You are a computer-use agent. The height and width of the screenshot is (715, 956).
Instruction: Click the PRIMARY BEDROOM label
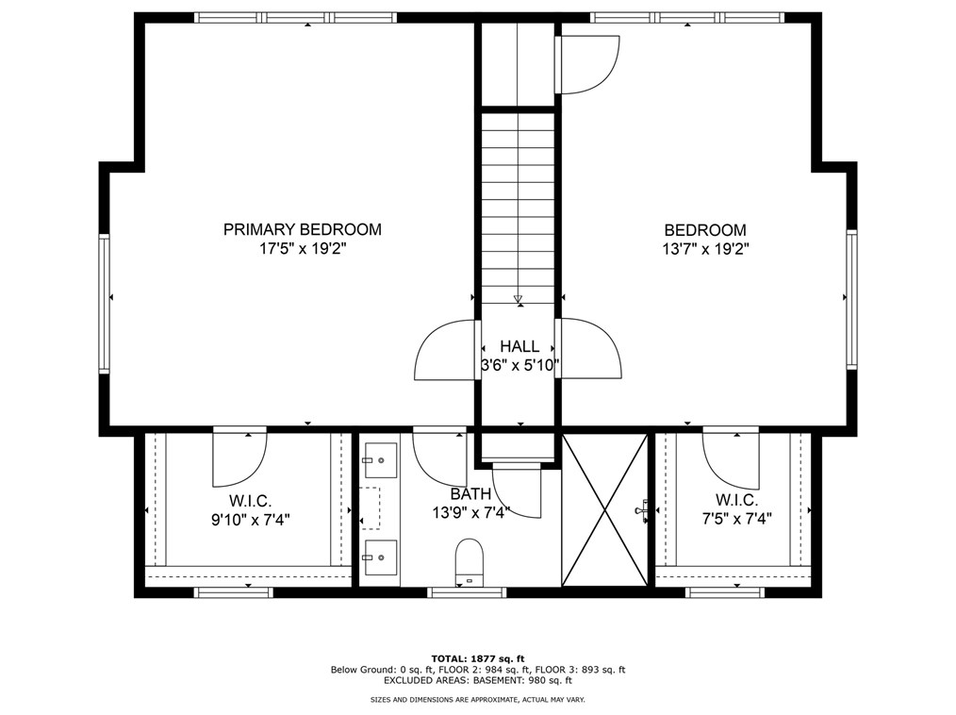click(302, 229)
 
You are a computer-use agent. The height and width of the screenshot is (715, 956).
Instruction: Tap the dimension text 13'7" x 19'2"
click(704, 250)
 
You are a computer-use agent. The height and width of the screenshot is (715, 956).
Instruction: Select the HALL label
click(519, 347)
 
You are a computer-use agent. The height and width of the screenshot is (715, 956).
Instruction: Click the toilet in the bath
click(469, 560)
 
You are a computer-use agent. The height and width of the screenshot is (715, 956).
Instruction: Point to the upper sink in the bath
click(380, 459)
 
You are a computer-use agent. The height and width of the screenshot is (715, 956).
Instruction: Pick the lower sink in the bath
click(380, 557)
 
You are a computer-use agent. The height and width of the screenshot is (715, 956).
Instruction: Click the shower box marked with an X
click(604, 509)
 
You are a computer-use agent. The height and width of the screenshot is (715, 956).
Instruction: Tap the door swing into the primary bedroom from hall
click(444, 351)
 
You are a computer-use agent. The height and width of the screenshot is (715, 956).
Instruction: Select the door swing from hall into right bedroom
click(590, 348)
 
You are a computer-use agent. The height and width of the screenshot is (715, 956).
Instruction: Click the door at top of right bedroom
click(586, 64)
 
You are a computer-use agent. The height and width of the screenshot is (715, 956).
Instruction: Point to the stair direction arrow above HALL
click(518, 300)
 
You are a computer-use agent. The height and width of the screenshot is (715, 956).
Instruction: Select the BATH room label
click(470, 493)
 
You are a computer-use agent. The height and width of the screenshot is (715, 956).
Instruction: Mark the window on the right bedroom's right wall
click(850, 298)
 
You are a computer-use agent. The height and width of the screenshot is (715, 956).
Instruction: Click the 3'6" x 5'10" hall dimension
click(519, 365)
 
